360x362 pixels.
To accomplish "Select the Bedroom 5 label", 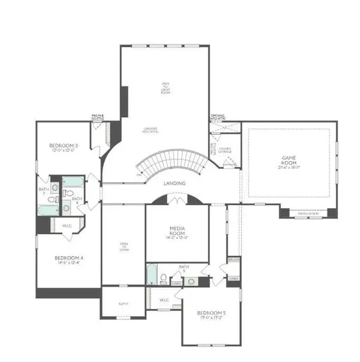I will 211,313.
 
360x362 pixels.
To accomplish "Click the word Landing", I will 174,183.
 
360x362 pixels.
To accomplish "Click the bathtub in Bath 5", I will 152,275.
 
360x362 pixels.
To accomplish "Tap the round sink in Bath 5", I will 191,281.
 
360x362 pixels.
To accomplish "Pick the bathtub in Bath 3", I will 48,209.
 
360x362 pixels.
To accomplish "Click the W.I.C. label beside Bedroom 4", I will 68,226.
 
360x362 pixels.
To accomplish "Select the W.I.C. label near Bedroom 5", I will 163,299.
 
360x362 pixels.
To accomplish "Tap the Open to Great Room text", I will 164,89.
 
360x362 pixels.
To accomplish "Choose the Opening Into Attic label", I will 218,117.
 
